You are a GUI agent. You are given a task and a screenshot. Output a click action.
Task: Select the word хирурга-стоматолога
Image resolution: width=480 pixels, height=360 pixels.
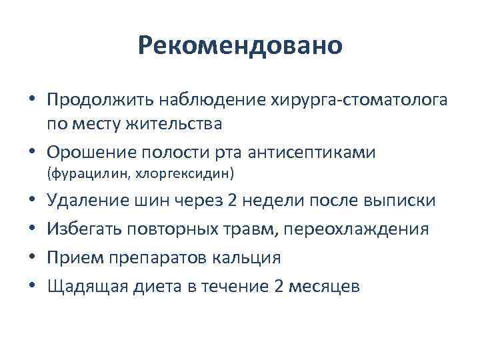[x=360, y=101]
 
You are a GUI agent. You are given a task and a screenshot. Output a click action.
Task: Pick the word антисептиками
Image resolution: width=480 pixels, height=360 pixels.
[x=311, y=152]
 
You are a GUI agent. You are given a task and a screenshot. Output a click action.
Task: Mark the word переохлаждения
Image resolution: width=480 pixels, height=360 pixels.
[x=365, y=229]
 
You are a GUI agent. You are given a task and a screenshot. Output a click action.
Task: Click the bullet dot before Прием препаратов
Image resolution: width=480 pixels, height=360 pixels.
[x=32, y=258]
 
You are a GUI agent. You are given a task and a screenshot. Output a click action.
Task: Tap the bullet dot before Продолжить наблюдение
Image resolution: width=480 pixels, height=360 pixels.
[x=32, y=101]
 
